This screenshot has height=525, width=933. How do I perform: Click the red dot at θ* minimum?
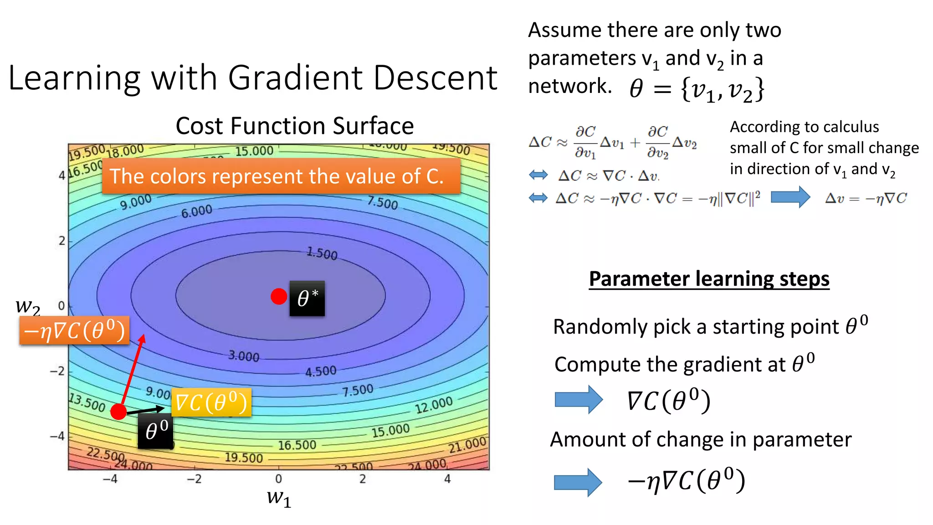click(278, 296)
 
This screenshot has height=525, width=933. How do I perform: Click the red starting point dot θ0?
click(118, 412)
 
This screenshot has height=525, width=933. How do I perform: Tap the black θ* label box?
click(307, 299)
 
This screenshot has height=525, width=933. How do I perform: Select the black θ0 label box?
click(156, 431)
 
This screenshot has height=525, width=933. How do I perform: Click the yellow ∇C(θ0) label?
click(211, 402)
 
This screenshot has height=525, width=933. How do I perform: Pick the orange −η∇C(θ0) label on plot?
click(74, 330)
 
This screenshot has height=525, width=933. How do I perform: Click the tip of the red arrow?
click(144, 336)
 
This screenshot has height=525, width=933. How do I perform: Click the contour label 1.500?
click(322, 253)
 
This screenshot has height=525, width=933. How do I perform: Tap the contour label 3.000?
click(244, 356)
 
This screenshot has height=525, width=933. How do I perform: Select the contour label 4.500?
click(321, 371)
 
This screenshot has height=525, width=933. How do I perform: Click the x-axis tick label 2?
click(363, 479)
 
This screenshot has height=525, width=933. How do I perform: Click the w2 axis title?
click(28, 307)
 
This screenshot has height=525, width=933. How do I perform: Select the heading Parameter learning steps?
click(709, 279)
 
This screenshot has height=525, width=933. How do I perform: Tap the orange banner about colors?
click(281, 176)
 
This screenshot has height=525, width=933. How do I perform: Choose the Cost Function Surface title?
click(295, 126)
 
